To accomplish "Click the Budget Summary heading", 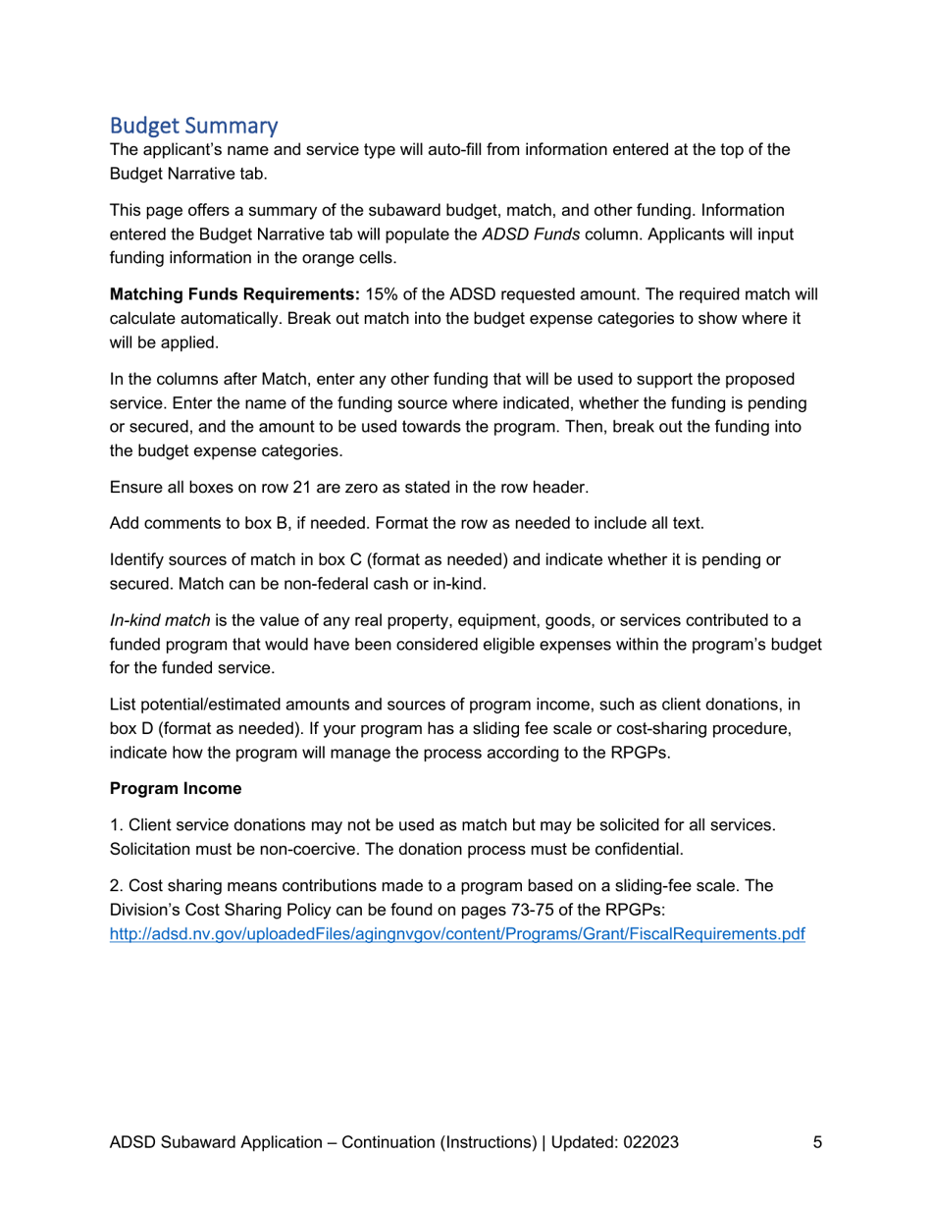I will [x=194, y=126].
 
